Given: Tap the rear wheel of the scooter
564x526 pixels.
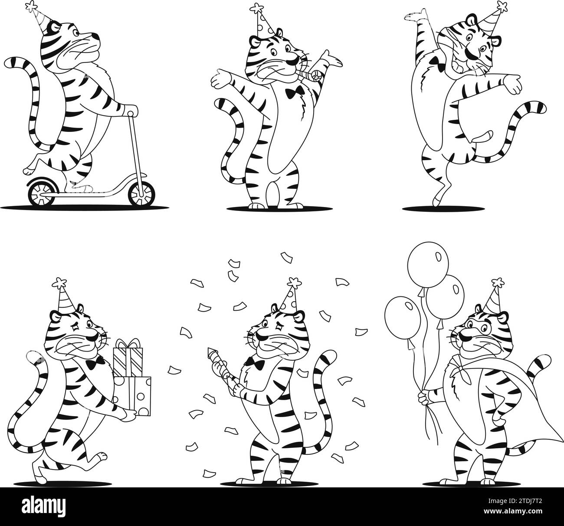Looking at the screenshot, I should coord(42,192).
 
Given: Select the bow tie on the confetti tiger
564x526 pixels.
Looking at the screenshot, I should coord(255,362).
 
